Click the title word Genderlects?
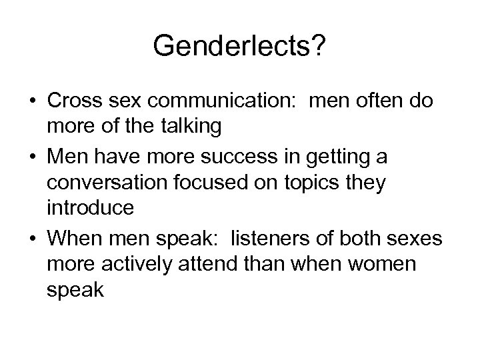point(240,46)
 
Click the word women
point(399,263)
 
